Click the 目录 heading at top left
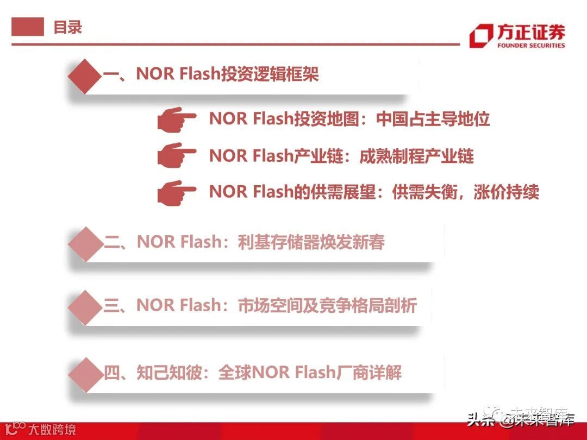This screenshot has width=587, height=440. pos(67,27)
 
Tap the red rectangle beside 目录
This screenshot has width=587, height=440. pos(28,27)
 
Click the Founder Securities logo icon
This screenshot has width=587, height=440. pos(481,36)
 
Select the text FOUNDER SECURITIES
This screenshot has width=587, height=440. pos(531,46)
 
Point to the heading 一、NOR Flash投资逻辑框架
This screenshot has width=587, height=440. pos(211,74)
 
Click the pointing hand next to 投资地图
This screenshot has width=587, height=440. pos(177,120)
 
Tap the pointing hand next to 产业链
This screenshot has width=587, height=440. pos(177,156)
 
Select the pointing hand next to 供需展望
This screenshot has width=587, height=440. pos(177,192)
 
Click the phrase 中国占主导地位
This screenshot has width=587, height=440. pos(433,119)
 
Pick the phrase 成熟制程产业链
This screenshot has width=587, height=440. pos(416,156)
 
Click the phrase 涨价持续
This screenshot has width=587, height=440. pos(506,192)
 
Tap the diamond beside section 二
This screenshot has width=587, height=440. pos(85,244)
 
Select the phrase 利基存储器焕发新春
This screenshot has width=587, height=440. pos(311,242)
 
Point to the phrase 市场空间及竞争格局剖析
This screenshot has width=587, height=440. pos(327,305)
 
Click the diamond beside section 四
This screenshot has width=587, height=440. pos(85,374)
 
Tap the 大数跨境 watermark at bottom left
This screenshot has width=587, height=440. pos(52,430)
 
